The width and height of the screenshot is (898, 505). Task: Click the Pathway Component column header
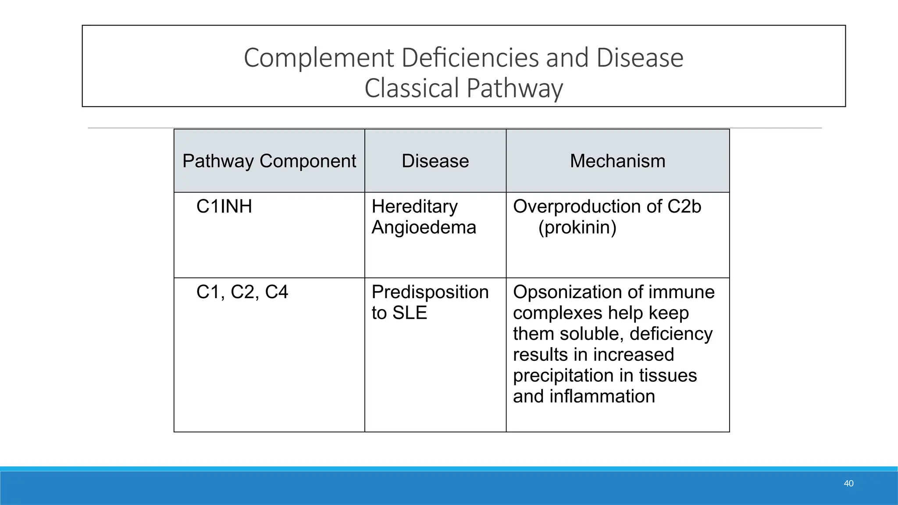(269, 161)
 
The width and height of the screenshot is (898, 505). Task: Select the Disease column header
(435, 161)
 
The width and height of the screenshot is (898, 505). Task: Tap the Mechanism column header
(617, 161)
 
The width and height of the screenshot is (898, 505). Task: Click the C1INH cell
(224, 206)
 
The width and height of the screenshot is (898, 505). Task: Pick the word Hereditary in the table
(414, 206)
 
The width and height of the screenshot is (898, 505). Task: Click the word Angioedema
(424, 227)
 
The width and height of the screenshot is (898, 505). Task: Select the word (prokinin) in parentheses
(577, 227)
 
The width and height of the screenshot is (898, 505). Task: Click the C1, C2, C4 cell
(242, 292)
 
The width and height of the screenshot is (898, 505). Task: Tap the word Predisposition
(430, 292)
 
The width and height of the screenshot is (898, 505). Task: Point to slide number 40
(848, 484)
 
